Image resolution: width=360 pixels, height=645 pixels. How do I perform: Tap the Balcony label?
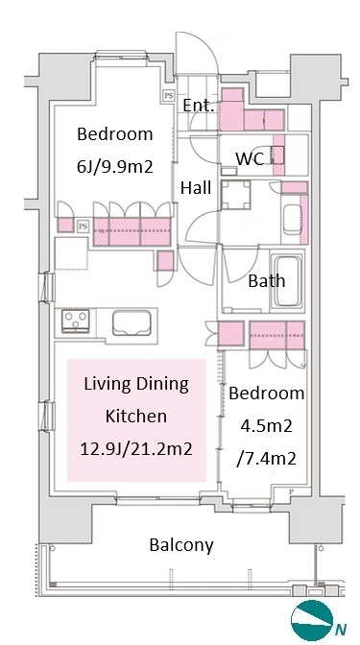[181, 545]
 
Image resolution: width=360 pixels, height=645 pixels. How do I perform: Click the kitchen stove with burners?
[76, 321]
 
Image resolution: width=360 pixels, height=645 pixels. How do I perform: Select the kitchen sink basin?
[132, 322]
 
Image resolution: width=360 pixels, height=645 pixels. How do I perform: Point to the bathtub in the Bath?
[287, 281]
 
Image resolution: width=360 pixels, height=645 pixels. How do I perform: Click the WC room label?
[250, 158]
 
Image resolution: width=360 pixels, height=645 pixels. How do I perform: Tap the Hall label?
[196, 187]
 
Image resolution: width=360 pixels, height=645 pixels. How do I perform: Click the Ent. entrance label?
[199, 106]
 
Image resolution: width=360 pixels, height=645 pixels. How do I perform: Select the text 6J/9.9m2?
[115, 167]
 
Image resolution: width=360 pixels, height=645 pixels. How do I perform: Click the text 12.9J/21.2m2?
[136, 449]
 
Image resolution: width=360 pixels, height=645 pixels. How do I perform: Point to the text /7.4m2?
[266, 458]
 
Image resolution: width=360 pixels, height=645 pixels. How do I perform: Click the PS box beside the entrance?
[169, 96]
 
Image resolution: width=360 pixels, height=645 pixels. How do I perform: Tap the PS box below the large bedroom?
[84, 226]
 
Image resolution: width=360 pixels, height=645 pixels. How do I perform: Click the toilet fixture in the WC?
[277, 155]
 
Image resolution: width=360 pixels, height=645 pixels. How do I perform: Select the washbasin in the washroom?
[293, 219]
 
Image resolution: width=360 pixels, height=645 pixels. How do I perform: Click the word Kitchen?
[136, 416]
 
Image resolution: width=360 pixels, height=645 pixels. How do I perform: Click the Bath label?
[267, 281]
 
